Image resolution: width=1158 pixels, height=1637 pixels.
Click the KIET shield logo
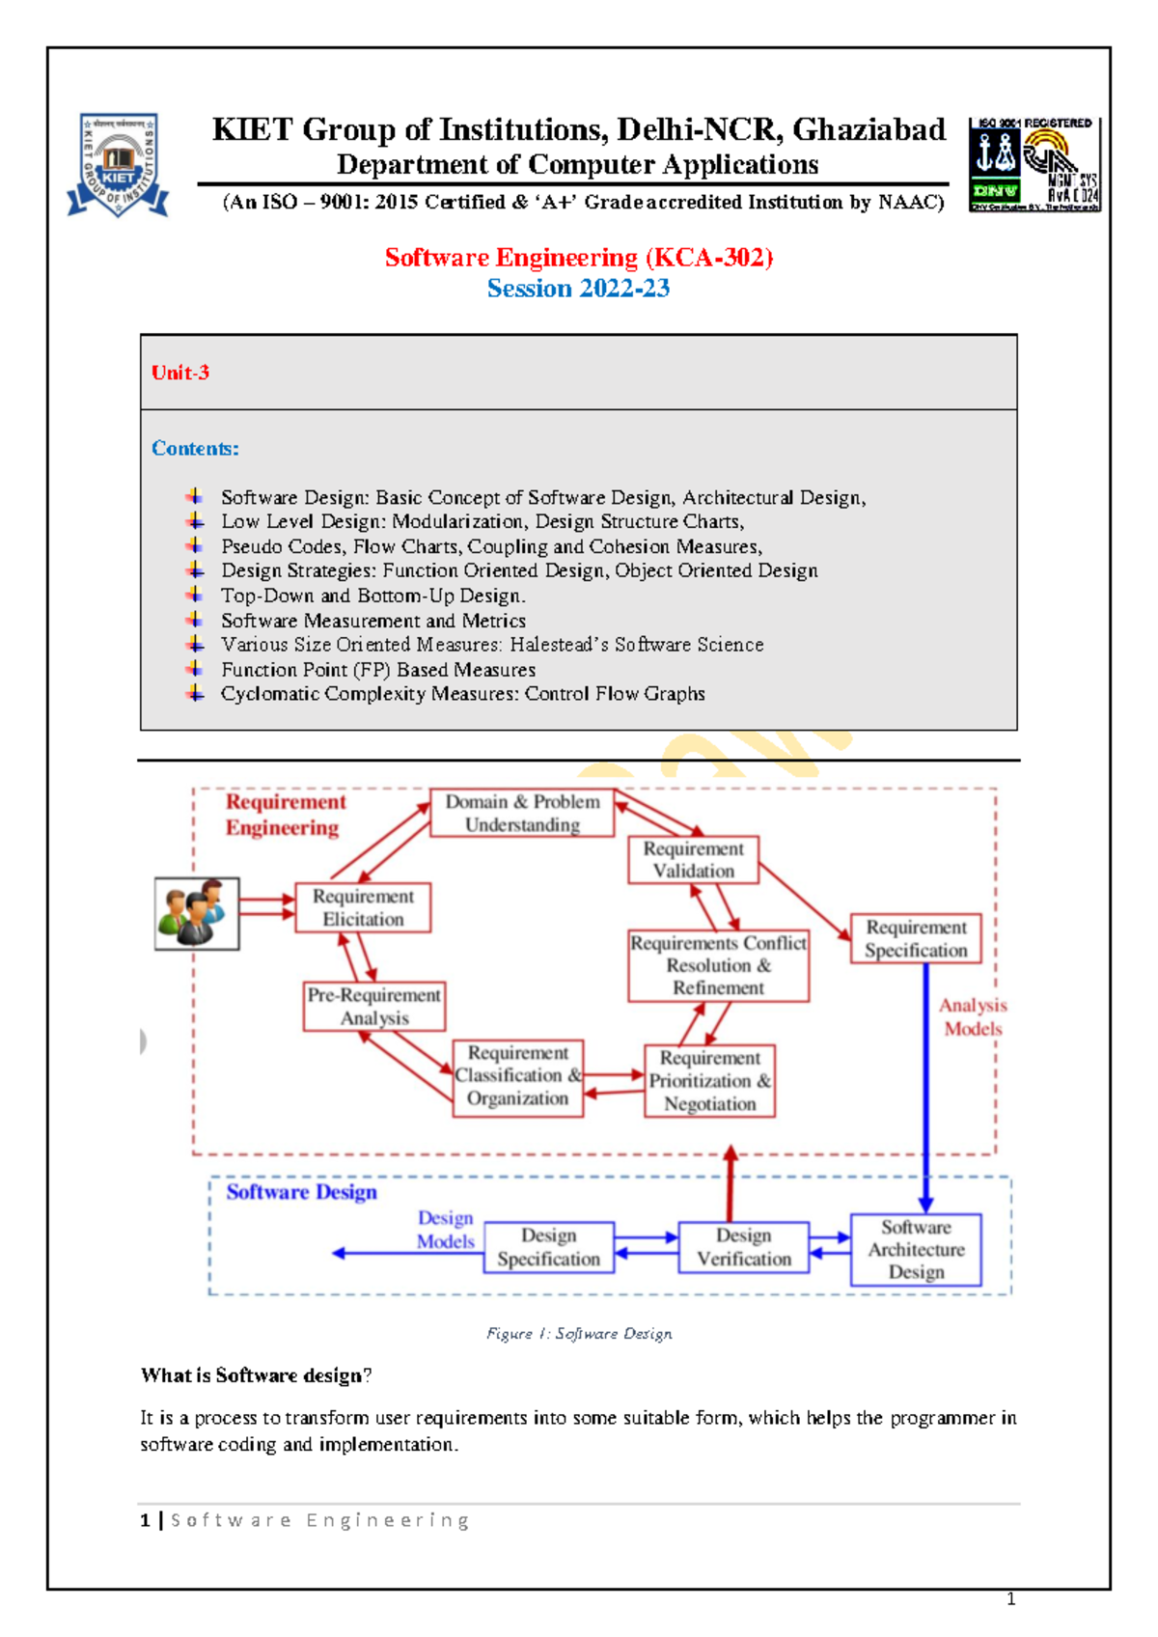119,165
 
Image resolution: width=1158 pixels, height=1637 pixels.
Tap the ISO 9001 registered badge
1034,164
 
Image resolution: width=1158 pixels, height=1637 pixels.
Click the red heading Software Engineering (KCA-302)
579,258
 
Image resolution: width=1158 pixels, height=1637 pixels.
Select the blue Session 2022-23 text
578,289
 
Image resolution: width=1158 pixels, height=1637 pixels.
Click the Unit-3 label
180,373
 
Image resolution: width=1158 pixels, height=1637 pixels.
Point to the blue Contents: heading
195,449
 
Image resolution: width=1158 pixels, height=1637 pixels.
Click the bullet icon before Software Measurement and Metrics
195,620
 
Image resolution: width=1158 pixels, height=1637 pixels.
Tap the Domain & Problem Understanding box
522,813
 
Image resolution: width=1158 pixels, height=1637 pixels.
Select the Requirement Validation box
693,859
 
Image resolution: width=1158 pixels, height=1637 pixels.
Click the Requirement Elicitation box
363,907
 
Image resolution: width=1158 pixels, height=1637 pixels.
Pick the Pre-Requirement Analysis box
374,1006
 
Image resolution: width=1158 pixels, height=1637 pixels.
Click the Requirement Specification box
916,938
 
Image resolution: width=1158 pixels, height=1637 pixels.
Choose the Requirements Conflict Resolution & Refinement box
719,965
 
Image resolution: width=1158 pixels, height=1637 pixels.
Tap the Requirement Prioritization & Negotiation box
710,1081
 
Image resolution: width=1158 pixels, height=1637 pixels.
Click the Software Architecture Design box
916,1250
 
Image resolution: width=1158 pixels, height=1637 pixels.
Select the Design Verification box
744,1247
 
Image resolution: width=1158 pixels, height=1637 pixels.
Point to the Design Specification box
549,1247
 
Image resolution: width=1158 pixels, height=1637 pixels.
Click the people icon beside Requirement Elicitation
197,913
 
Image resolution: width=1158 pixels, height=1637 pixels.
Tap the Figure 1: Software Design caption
579,1334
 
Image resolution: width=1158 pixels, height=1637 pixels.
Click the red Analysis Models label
973,1017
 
